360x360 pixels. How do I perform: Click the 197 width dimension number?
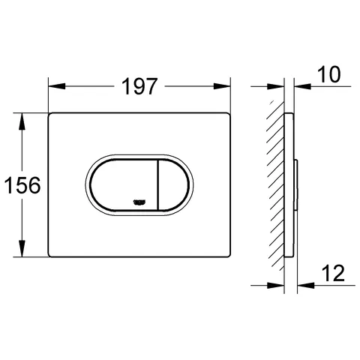(139, 86)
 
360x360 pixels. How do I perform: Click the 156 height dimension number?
(22, 185)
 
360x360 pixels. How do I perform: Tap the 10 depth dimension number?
(328, 74)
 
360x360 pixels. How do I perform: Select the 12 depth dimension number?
(334, 273)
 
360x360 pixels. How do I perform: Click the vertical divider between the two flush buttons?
(157, 185)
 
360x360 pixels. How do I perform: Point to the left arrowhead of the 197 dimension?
(57, 86)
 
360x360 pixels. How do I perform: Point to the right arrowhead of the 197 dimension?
(221, 86)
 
